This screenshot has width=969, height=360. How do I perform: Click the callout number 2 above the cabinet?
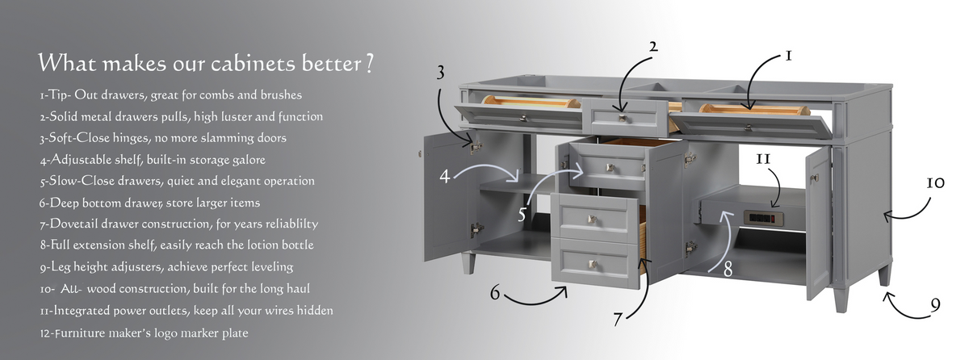(653, 47)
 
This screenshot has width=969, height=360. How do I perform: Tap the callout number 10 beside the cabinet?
(935, 183)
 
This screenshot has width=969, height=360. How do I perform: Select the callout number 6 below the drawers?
(495, 293)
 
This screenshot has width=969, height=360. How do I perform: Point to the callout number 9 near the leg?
(935, 306)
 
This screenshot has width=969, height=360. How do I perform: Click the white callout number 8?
(728, 269)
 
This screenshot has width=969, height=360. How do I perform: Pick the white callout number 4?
(445, 176)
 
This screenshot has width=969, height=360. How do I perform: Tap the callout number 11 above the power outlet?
(763, 160)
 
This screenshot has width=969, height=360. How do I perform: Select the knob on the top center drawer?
(623, 118)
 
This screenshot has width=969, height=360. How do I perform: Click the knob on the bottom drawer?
(593, 264)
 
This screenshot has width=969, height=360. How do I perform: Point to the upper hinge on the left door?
(476, 147)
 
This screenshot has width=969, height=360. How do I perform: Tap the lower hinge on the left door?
(476, 229)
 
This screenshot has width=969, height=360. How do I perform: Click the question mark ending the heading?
(369, 63)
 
